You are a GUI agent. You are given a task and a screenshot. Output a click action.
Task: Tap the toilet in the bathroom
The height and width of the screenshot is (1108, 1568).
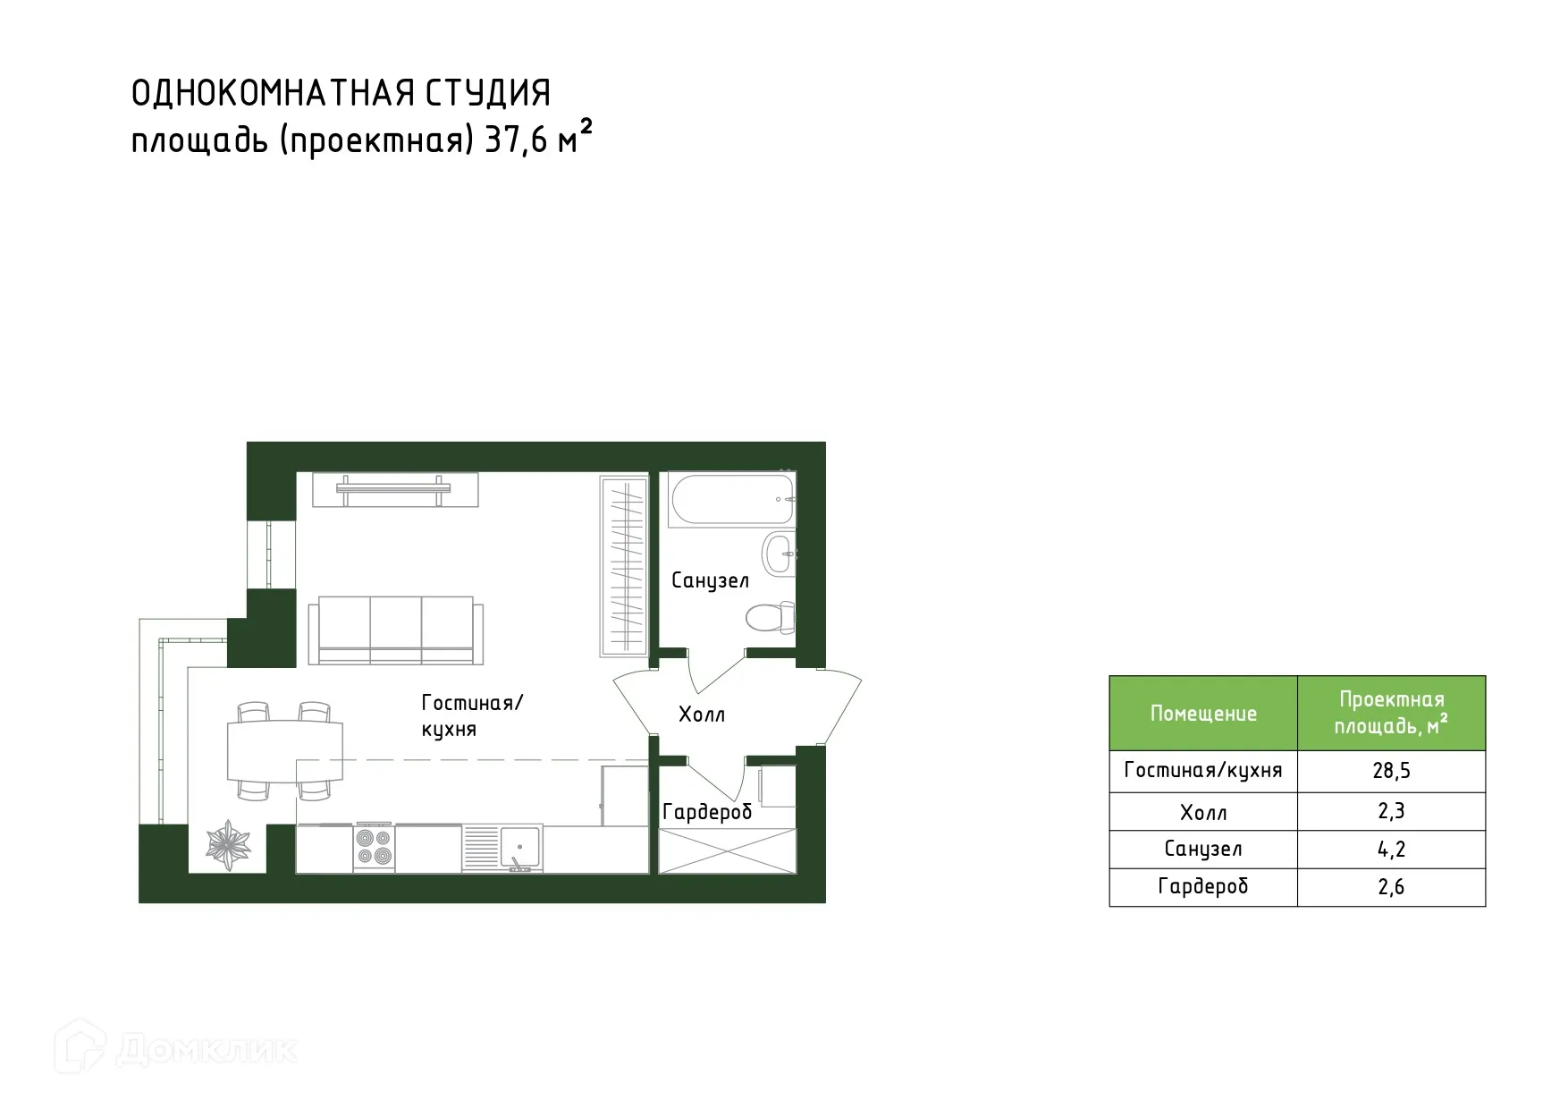tap(769, 617)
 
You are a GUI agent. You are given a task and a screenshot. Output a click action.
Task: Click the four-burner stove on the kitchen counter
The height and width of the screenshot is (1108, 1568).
tap(373, 846)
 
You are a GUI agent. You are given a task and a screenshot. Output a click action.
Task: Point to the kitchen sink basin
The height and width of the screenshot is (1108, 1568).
tap(519, 845)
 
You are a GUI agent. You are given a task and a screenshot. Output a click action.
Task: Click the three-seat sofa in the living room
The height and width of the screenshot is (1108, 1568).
tap(395, 630)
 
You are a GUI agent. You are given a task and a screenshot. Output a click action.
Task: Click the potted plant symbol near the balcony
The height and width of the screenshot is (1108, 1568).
tap(229, 844)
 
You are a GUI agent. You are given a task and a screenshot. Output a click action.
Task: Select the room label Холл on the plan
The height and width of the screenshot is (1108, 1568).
tap(702, 715)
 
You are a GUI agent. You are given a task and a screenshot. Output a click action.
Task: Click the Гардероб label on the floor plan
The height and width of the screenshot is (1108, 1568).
tap(707, 812)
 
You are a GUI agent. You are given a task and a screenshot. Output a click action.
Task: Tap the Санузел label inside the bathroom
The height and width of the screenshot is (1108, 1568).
tap(710, 580)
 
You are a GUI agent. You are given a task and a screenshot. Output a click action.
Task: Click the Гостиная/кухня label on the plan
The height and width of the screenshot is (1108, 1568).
tap(471, 715)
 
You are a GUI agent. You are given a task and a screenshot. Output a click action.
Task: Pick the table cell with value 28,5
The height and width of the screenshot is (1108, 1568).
tap(1391, 771)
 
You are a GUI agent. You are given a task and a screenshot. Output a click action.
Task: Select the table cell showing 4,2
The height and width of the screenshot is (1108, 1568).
tap(1391, 850)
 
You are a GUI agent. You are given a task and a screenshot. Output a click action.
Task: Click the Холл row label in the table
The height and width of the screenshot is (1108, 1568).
tap(1203, 813)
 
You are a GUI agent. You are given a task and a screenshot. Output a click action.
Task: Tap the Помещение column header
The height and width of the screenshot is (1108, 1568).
tap(1203, 714)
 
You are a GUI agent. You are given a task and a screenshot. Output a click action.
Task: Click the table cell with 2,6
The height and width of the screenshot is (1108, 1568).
tap(1391, 887)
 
